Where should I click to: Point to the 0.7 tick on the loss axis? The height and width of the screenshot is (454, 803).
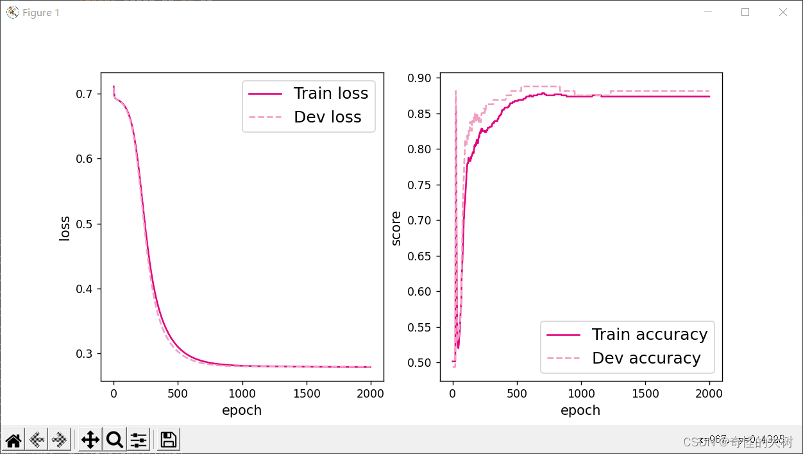click(83, 94)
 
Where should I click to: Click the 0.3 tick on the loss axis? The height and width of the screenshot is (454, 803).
click(83, 354)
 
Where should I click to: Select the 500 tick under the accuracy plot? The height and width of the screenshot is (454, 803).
click(517, 393)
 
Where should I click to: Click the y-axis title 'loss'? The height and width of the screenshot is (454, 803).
click(65, 228)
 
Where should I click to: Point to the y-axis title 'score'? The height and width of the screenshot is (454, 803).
click(396, 228)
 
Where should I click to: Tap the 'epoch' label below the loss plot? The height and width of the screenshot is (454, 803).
click(242, 410)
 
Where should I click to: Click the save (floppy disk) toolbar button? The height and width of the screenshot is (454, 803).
click(168, 440)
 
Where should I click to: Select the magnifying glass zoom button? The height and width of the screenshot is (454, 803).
click(114, 440)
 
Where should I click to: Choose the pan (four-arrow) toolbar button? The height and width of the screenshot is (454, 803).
click(90, 440)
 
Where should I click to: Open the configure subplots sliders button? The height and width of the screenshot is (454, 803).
click(139, 440)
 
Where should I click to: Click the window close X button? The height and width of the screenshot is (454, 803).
click(782, 12)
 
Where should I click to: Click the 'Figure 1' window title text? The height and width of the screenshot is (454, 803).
click(40, 13)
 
